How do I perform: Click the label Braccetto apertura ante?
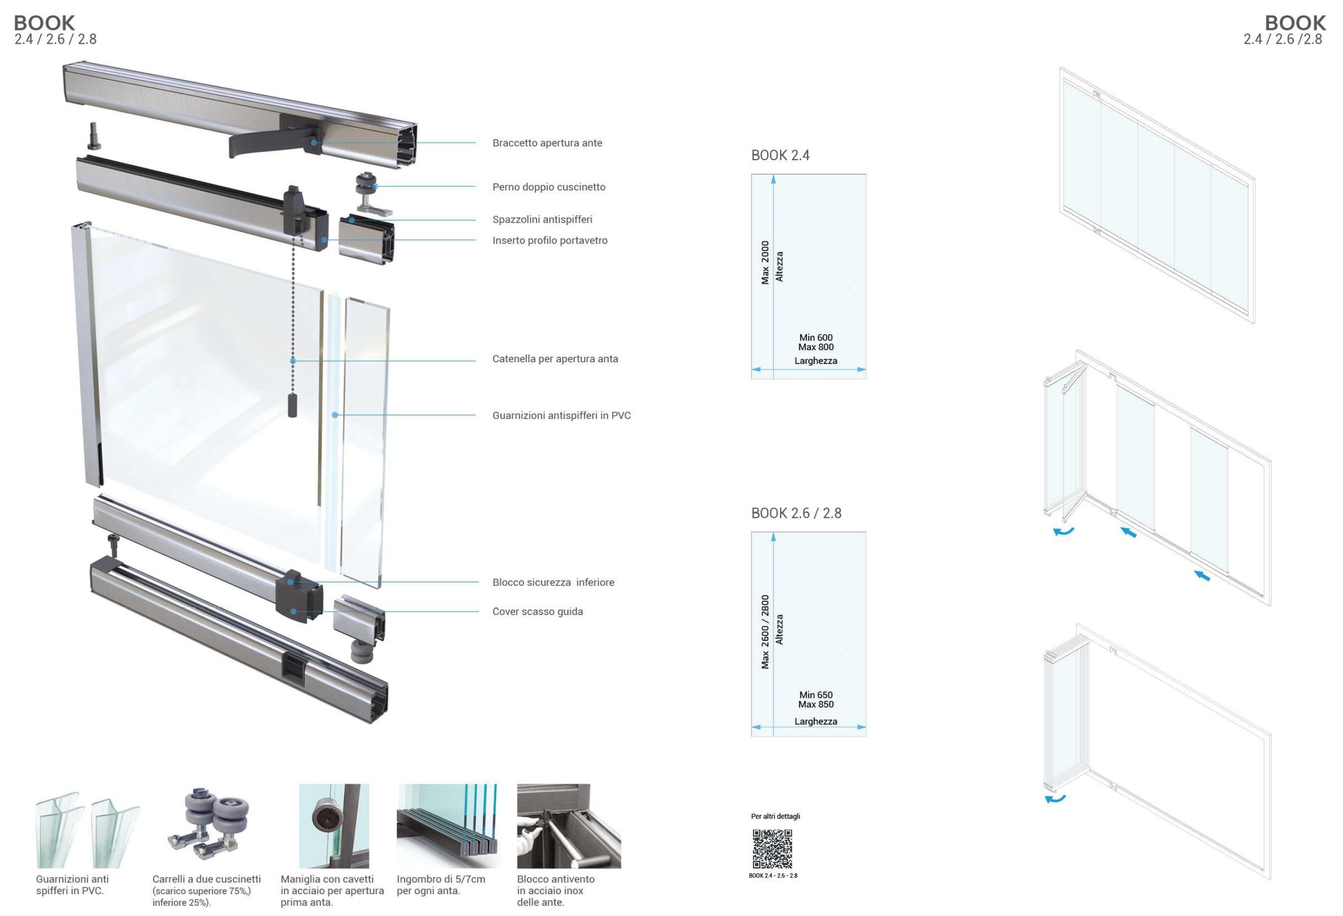[x=547, y=143]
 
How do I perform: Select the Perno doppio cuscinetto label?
[x=548, y=187]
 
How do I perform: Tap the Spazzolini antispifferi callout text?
[x=542, y=219]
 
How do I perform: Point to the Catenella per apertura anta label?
[x=555, y=359]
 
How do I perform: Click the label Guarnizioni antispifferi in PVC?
[x=561, y=415]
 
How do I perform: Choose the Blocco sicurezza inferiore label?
[x=553, y=582]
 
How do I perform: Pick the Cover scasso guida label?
[x=538, y=612]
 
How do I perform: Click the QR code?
[x=772, y=849]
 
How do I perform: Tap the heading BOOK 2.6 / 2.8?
[x=796, y=512]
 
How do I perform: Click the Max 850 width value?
[x=816, y=704]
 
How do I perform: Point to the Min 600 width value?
[x=816, y=338]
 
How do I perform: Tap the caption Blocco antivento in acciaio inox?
[x=555, y=890]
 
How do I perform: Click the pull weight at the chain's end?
[x=292, y=406]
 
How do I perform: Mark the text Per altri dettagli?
[x=775, y=816]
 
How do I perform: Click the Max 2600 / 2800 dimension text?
[x=765, y=632]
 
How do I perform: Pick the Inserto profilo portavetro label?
[x=550, y=240]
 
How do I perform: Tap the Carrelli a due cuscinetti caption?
[x=206, y=890]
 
